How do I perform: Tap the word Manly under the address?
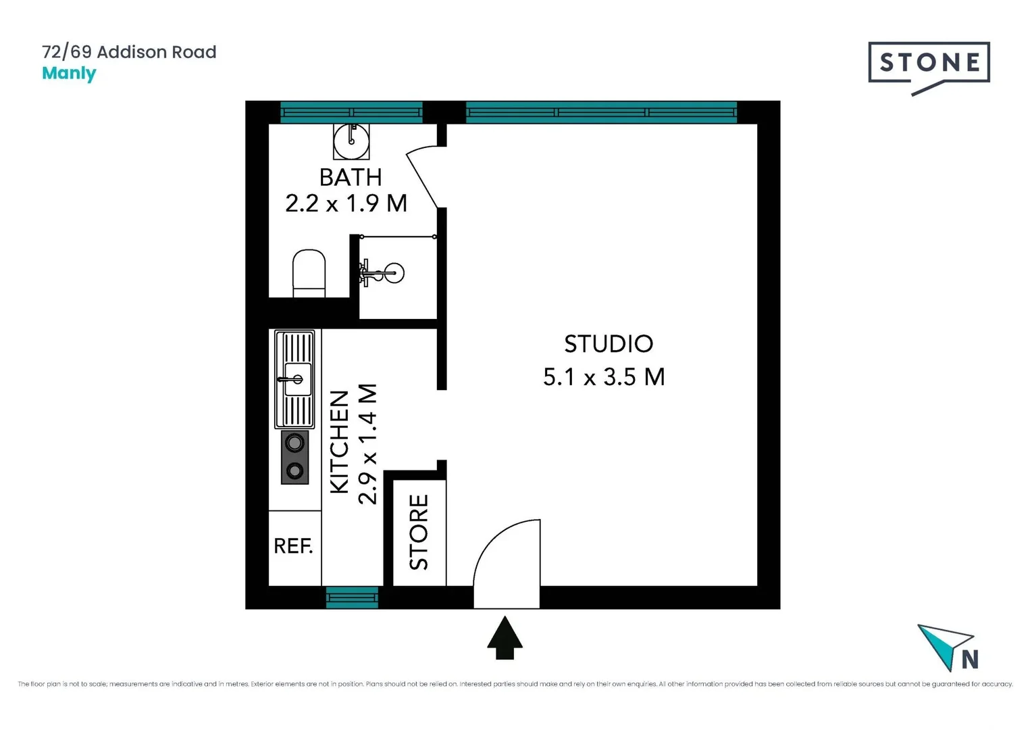69,73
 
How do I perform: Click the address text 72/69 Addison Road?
129,52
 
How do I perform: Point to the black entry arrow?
505,637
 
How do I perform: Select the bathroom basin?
351,141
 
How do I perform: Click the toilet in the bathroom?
309,273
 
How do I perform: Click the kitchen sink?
295,379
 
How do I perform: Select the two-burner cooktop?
294,457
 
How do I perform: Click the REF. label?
293,546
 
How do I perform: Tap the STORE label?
419,532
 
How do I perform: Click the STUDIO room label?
609,344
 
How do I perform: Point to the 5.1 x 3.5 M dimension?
604,377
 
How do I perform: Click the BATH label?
351,177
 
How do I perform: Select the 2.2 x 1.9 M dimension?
346,203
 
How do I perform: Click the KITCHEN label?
339,441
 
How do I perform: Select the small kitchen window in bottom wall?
352,598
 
